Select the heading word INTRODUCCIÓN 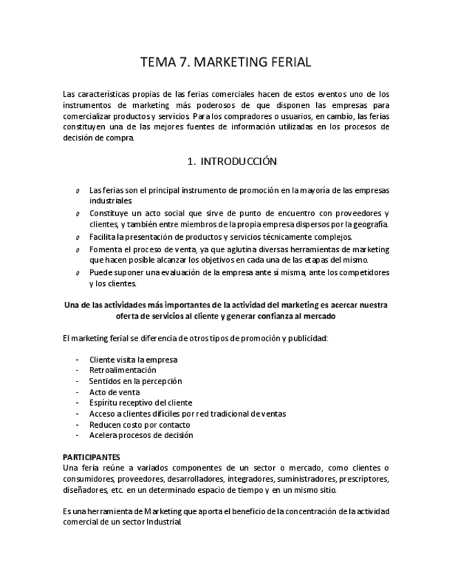point(239,162)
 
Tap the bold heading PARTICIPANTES point(91,457)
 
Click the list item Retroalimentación point(123,370)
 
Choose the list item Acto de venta point(115,392)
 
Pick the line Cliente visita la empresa point(133,359)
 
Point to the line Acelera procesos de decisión point(141,435)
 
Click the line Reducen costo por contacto point(139,424)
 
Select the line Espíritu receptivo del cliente point(141,403)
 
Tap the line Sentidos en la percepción point(135,381)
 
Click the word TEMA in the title point(157,62)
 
